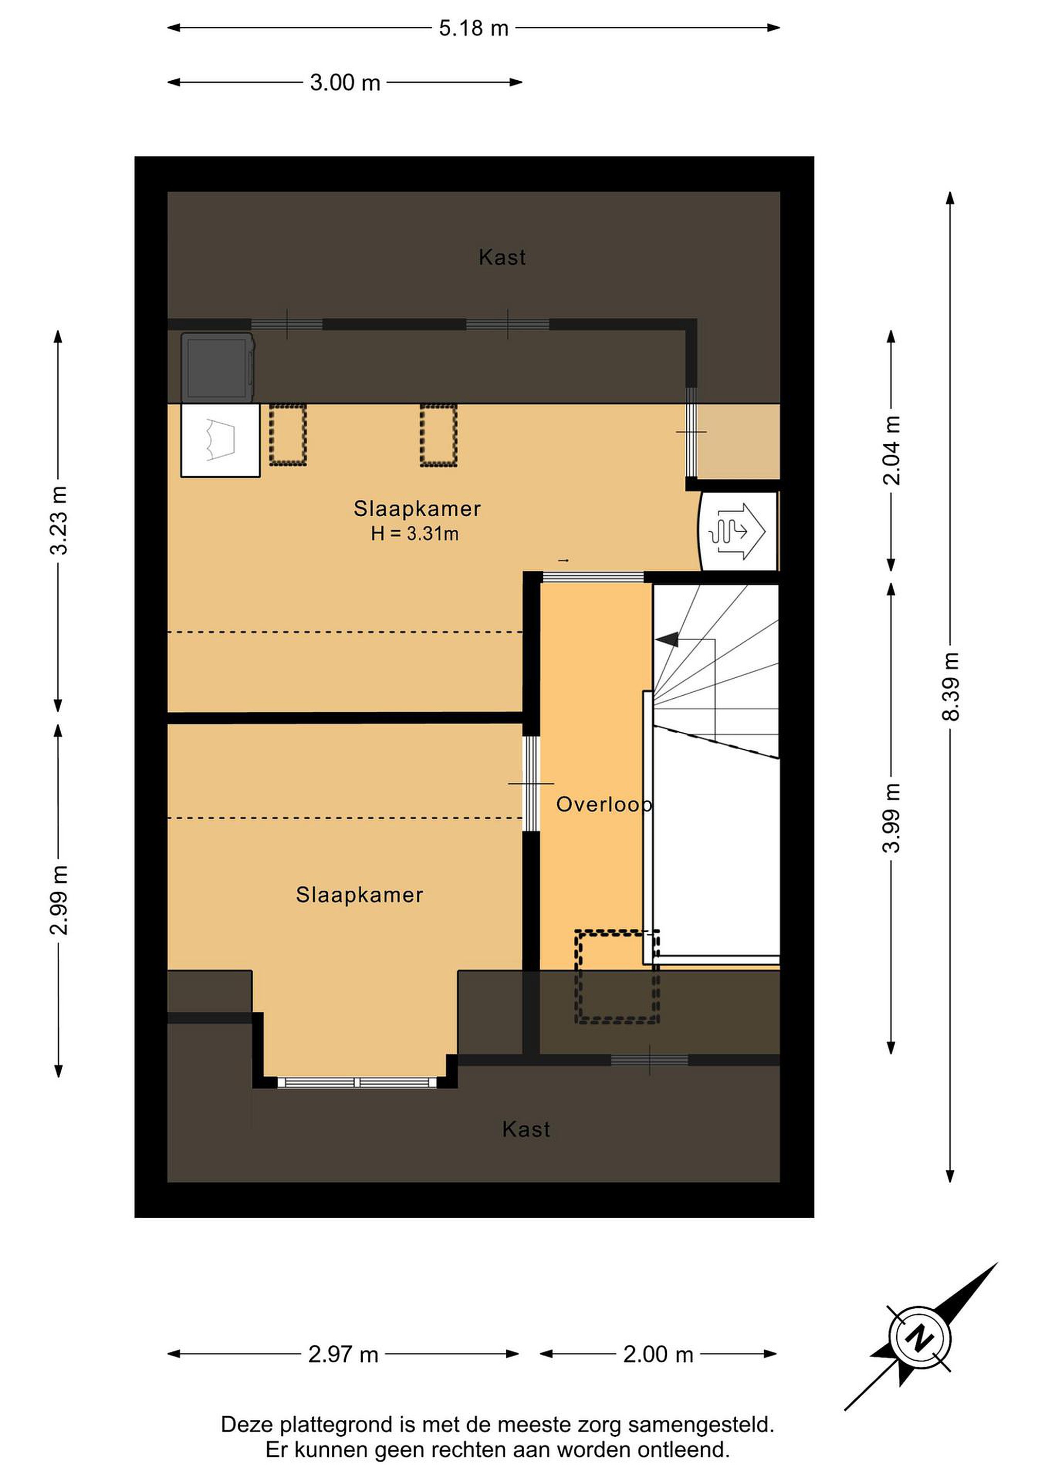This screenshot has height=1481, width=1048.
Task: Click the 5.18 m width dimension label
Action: pos(474,28)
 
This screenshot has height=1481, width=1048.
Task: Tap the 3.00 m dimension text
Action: pos(345,83)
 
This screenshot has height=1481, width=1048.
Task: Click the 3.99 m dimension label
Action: pos(891,818)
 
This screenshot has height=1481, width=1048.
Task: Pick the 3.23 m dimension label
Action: pos(59,520)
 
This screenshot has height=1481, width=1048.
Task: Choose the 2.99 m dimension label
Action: pos(59,900)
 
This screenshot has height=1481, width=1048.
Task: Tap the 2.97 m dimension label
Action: pos(343,1354)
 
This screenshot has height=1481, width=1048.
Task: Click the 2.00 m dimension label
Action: pos(658,1354)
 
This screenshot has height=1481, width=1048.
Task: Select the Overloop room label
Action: pos(604,804)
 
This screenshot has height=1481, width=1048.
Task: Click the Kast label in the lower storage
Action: pos(526,1129)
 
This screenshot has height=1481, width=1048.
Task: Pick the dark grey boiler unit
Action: pos(218,368)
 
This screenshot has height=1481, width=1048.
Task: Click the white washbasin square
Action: pos(220,441)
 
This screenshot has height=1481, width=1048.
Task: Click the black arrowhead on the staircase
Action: pos(667,639)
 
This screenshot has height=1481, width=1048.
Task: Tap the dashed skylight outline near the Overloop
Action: pos(617,977)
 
